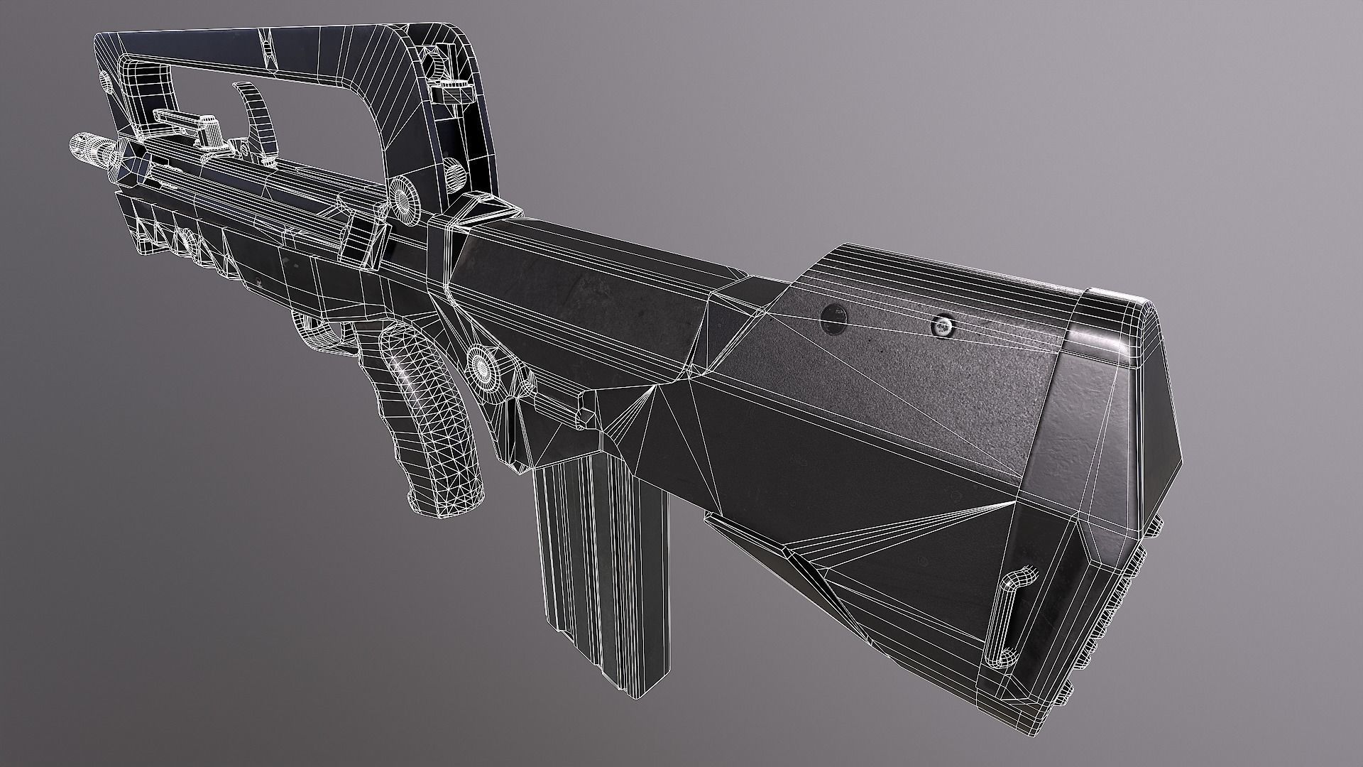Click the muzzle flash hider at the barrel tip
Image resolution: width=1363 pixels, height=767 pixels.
pos(87,148)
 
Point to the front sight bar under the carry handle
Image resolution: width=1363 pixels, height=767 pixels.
pos(183,121)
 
